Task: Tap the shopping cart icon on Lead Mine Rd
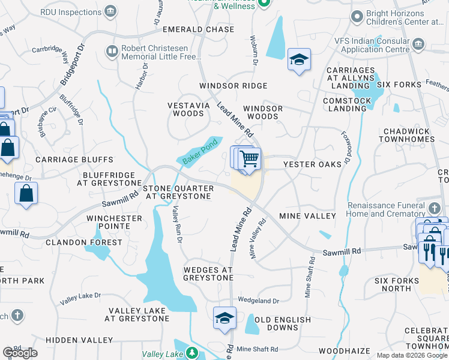(249, 159)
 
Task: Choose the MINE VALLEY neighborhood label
(308, 215)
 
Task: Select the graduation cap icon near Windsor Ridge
(298, 59)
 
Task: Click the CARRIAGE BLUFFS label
(74, 160)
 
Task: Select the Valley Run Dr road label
(176, 224)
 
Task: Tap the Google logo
(20, 353)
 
